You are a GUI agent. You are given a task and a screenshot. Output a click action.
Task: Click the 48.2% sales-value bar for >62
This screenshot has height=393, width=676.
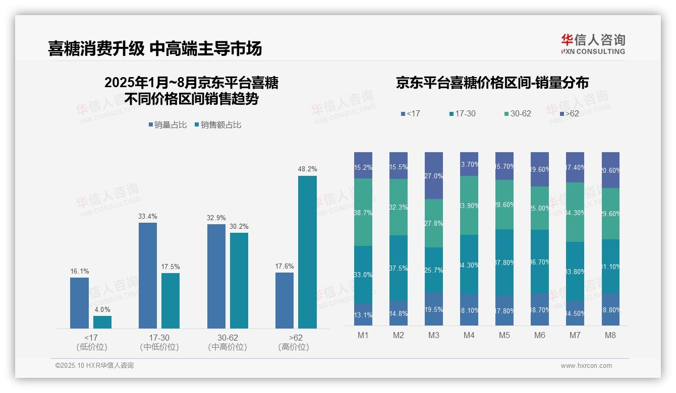(307, 252)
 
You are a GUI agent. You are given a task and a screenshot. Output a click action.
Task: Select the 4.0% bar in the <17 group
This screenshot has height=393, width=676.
(102, 322)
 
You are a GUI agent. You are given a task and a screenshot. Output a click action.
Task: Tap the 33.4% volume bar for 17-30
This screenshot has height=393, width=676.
(148, 276)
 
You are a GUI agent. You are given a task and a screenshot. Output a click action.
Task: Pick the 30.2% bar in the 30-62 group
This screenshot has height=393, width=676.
(239, 280)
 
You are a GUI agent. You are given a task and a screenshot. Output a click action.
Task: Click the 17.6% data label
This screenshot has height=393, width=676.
(285, 266)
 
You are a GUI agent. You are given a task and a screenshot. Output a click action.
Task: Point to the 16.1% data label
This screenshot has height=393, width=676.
(79, 271)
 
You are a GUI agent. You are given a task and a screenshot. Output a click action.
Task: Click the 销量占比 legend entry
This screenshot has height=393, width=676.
(168, 124)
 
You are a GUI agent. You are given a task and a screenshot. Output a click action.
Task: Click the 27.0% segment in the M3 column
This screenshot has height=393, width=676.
(434, 175)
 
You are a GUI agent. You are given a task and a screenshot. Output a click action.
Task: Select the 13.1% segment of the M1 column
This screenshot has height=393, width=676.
(363, 314)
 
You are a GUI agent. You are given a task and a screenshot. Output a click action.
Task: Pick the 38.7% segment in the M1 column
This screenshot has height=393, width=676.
(363, 212)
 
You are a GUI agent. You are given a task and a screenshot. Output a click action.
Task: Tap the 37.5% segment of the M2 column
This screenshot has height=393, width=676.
(399, 268)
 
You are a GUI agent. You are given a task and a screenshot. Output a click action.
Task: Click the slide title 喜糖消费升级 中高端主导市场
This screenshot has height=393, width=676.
(155, 48)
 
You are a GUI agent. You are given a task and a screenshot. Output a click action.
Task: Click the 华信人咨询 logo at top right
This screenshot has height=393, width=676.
(593, 44)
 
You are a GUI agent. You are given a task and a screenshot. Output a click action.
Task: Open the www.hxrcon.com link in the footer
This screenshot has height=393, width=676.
(586, 366)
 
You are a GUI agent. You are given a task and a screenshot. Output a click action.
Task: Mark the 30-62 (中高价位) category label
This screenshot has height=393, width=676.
(228, 342)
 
